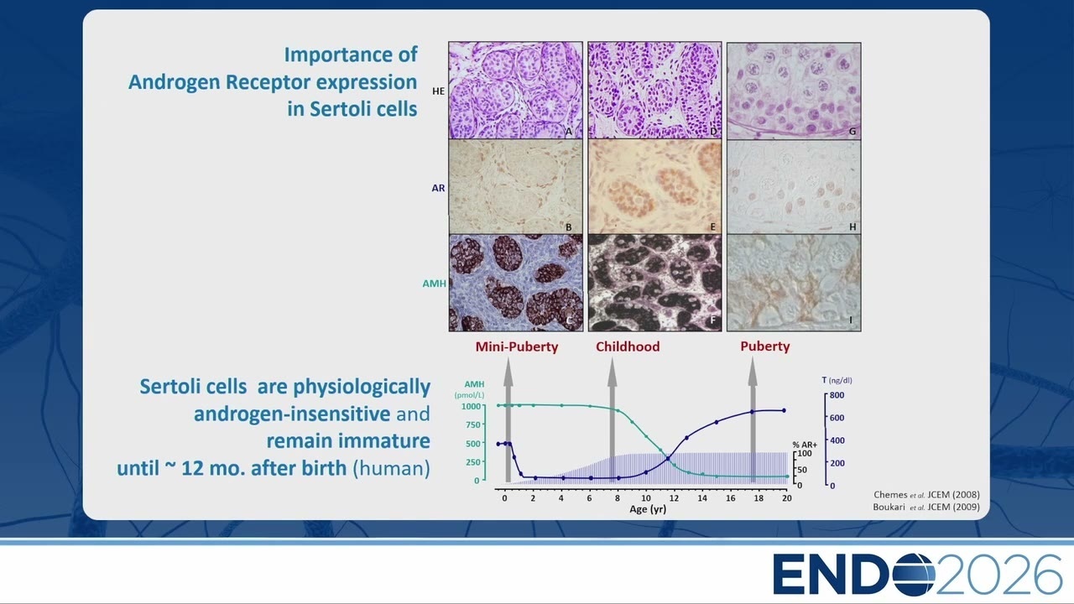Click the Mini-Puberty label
(x=516, y=346)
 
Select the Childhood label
(x=628, y=346)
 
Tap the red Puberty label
(x=764, y=346)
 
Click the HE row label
(x=438, y=91)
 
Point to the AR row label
(x=438, y=188)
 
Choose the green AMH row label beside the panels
(x=434, y=284)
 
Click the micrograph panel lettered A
(x=515, y=90)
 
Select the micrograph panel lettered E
(x=654, y=186)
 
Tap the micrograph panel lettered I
(x=794, y=283)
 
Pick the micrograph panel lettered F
(x=654, y=283)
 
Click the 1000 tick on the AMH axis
(x=471, y=407)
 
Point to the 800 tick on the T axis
(x=837, y=395)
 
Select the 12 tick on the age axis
(x=674, y=498)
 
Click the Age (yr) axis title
(x=648, y=509)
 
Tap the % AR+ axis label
(x=805, y=445)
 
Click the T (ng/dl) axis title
(x=837, y=380)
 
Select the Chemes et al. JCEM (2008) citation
(x=926, y=495)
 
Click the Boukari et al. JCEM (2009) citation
(x=926, y=508)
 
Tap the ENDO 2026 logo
(x=918, y=574)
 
